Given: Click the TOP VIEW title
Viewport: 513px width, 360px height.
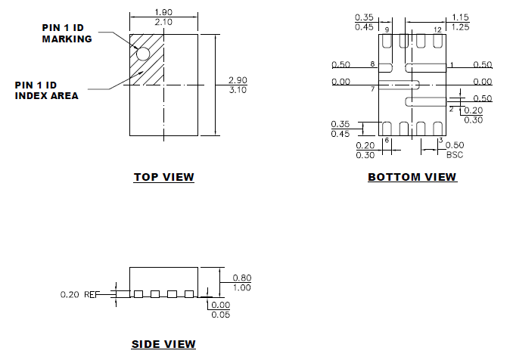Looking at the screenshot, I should coord(163,178).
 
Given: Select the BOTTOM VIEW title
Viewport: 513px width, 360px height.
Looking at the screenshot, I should coord(412,178).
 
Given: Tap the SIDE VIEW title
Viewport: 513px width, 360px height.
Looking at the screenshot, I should coord(163,345).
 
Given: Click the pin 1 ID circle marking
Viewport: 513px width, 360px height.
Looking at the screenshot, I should coord(142,53).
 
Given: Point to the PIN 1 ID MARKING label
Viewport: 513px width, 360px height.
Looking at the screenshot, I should coord(67,34).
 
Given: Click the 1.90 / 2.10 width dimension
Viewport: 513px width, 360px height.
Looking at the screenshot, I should coord(163,17).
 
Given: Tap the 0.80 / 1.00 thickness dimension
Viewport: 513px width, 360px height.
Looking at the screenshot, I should coord(242,282).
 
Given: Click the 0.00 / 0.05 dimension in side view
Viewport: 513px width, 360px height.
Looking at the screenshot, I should coord(221,310).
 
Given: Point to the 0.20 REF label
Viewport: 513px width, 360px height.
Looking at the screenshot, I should coord(80,293).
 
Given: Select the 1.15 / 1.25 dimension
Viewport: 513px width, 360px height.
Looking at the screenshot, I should coord(461,22).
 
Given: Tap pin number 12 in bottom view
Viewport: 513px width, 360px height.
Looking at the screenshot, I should coord(437,29).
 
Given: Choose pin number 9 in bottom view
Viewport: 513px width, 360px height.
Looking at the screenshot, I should coord(387,29).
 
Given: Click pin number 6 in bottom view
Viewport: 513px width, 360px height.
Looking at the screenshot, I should coord(387,141).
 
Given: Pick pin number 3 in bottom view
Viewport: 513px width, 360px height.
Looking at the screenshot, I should coord(440,141).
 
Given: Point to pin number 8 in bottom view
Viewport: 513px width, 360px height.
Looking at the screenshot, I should coord(372,65).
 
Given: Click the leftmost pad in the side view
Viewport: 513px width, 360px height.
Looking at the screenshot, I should coord(137,293).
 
